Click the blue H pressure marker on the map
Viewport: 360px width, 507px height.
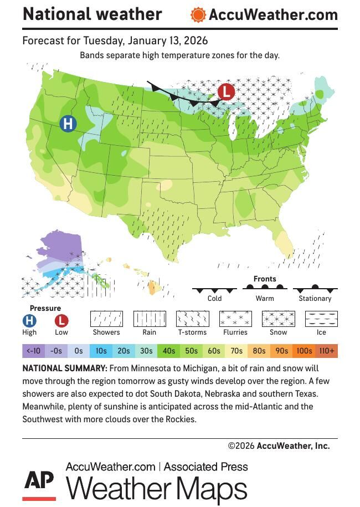tap(68, 124)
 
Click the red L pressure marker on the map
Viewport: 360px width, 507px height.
tap(225, 91)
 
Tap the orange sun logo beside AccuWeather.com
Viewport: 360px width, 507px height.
tap(198, 15)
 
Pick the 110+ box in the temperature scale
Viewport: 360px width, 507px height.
tap(327, 351)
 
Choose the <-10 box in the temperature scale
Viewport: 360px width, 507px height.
tap(33, 351)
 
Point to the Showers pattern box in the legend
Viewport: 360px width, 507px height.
tap(106, 319)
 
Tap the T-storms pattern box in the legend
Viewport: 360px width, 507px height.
tap(192, 319)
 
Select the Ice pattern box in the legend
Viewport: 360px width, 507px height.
tap(321, 319)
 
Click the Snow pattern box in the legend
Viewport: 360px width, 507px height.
tap(278, 319)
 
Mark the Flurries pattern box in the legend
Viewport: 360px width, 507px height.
tap(235, 319)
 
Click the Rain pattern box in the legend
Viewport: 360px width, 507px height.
tap(150, 319)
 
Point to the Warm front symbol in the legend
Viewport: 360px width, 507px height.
tap(265, 288)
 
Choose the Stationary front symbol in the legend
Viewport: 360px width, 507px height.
tap(315, 289)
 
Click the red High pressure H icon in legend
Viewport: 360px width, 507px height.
tap(29, 320)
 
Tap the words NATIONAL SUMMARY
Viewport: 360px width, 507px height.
tap(65, 368)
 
